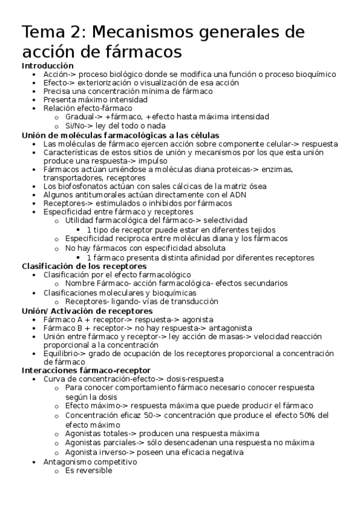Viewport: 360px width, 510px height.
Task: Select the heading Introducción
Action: click(47, 66)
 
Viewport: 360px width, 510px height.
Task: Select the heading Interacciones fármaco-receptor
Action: click(86, 370)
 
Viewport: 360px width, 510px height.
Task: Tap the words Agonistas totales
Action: click(96, 433)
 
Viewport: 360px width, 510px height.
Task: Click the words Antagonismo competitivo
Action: click(90, 462)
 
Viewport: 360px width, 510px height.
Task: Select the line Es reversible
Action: click(89, 470)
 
